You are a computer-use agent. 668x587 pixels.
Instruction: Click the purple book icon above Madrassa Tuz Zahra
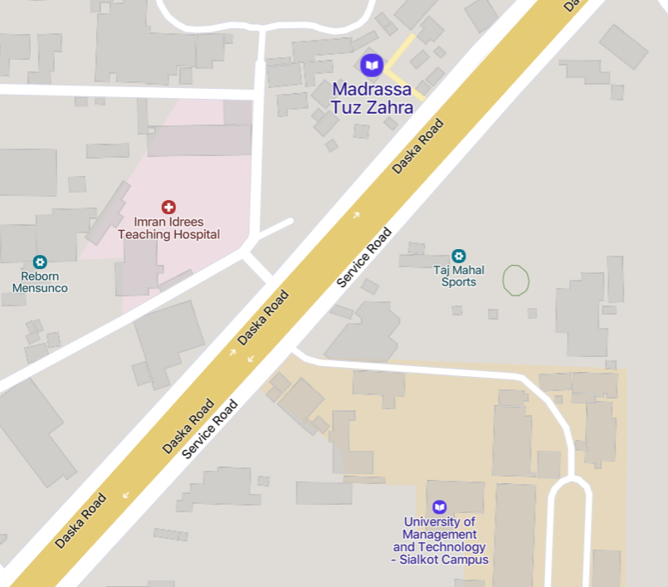click(x=372, y=64)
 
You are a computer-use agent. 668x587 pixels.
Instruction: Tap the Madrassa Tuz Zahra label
click(x=372, y=97)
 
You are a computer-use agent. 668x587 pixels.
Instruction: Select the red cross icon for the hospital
click(x=168, y=207)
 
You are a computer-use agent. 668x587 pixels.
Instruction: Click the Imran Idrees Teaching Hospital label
click(x=168, y=228)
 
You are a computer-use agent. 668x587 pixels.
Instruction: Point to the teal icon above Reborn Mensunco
click(x=40, y=262)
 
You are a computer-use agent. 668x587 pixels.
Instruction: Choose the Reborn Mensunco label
click(x=40, y=282)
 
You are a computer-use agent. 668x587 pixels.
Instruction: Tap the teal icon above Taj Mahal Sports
click(x=459, y=256)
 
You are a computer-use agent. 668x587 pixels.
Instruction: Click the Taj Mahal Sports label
click(x=459, y=276)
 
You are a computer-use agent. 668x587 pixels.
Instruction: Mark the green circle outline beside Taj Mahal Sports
click(x=516, y=280)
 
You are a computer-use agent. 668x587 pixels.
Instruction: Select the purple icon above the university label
click(x=439, y=506)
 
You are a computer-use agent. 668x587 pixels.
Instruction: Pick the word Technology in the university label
click(x=452, y=547)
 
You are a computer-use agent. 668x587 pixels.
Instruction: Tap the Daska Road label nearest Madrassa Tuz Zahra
click(x=418, y=147)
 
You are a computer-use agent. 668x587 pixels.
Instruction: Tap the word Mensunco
click(x=40, y=288)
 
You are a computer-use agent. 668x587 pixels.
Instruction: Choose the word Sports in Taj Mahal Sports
click(x=459, y=282)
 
